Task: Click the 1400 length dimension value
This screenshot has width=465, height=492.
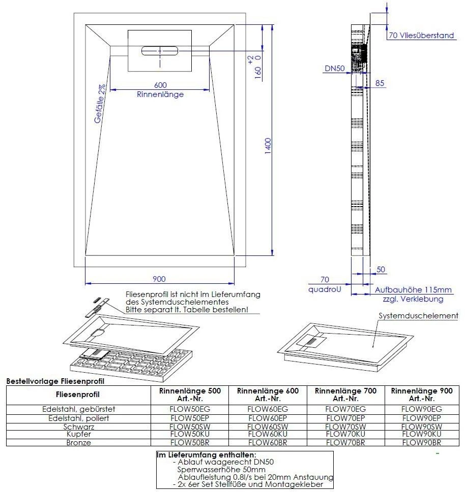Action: [268, 146]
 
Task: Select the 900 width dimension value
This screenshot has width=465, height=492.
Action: [159, 279]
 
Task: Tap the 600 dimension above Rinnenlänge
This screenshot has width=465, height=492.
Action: [160, 85]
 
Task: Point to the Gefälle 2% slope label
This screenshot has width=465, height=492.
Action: [100, 104]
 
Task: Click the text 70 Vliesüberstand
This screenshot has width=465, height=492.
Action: [421, 36]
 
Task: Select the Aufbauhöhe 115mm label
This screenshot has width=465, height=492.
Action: [413, 290]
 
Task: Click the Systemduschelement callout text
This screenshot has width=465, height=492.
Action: [418, 316]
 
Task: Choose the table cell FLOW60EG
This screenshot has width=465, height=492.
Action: [268, 409]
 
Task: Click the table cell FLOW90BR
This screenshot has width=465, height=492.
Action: [421, 443]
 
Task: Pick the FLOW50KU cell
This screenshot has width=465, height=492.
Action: [190, 435]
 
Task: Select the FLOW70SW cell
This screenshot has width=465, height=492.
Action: [345, 427]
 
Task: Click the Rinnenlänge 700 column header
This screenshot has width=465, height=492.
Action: [345, 395]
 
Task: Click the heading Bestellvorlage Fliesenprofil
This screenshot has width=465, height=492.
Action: [54, 380]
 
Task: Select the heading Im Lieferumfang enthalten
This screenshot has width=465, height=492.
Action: [207, 455]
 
